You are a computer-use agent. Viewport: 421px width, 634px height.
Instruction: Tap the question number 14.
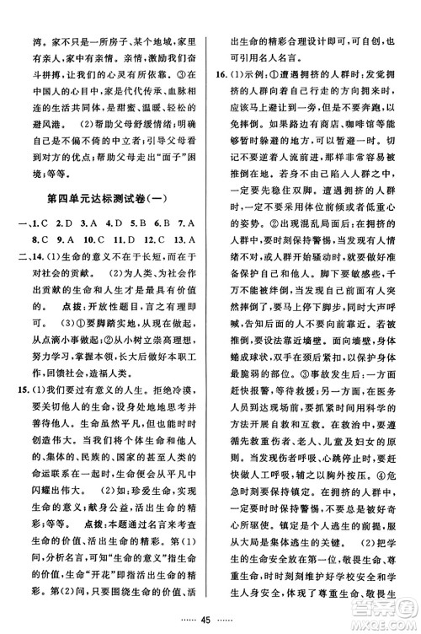click(35, 259)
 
